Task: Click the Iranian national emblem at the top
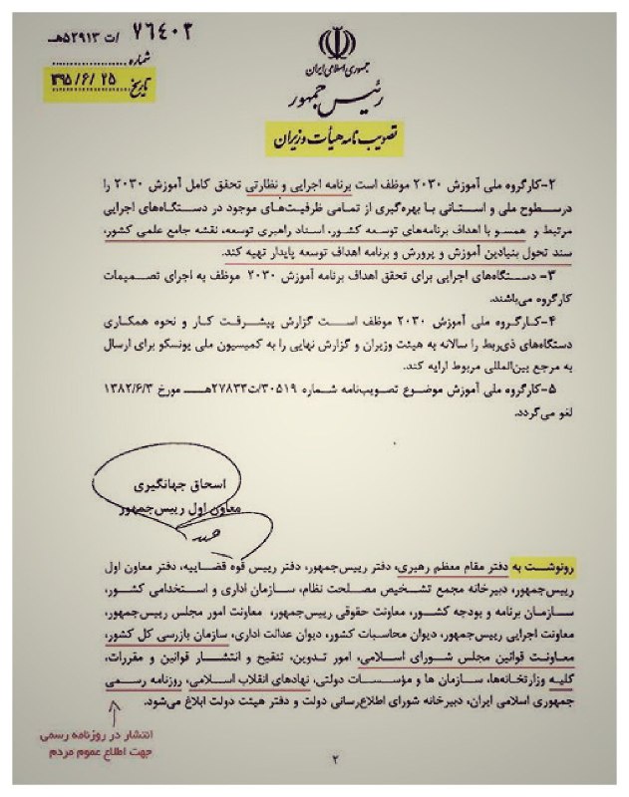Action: point(337,45)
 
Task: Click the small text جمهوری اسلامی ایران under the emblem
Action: point(336,71)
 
